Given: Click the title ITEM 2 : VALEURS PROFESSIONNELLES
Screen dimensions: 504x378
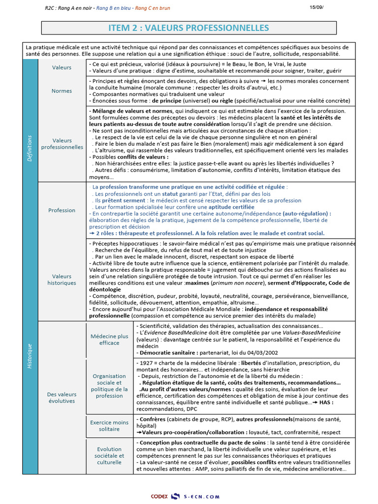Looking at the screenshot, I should pyautogui.click(x=189, y=28).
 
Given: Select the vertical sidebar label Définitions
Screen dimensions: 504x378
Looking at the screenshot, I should pyautogui.click(x=30, y=148).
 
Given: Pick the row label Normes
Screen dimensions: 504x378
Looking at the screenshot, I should pyautogui.click(x=62, y=91).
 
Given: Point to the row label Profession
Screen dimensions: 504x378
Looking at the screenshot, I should pyautogui.click(x=62, y=210).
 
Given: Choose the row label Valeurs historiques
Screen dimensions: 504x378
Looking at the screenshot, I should pyautogui.click(x=62, y=280).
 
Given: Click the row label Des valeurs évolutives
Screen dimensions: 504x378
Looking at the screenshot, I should pyautogui.click(x=62, y=397).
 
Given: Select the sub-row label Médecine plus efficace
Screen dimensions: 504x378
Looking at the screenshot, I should pyautogui.click(x=109, y=339).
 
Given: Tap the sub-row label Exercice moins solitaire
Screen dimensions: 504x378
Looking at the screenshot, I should pyautogui.click(x=109, y=426).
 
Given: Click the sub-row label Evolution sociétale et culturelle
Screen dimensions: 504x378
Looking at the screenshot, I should pyautogui.click(x=109, y=456).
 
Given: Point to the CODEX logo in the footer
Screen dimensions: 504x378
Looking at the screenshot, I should pyautogui.click(x=159, y=497).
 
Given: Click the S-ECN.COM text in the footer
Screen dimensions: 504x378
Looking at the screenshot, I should pyautogui.click(x=202, y=497).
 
